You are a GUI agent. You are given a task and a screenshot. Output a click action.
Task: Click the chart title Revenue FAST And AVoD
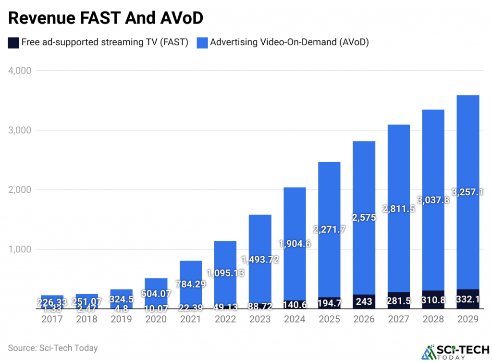[106, 18]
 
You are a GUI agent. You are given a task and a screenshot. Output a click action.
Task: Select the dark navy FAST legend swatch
[13, 43]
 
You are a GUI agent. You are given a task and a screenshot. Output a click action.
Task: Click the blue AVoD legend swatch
[202, 43]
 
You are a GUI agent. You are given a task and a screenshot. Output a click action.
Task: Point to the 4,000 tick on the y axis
[20, 71]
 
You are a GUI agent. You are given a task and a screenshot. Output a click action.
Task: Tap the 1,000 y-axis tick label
[20, 250]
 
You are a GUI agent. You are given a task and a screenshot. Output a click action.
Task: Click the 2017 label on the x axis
[52, 319]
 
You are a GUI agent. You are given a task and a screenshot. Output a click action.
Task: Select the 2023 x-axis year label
[259, 319]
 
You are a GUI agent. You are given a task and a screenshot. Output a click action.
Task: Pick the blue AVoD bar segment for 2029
[467, 144]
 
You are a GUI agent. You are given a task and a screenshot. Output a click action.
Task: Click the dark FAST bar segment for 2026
[364, 301]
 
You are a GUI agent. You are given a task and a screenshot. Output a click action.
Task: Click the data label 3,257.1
[467, 192]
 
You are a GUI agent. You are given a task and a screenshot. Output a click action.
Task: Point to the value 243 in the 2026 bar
[364, 302]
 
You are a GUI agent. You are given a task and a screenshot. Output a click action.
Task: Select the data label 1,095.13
[225, 273]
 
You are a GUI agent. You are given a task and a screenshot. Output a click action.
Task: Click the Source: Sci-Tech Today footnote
[52, 348]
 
